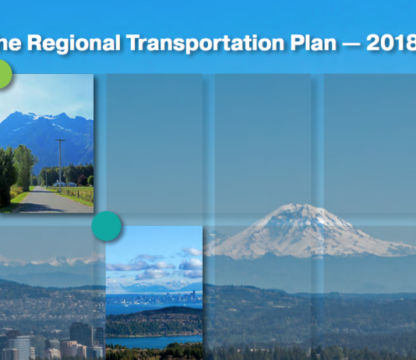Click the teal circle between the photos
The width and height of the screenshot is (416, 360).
(107, 226)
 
